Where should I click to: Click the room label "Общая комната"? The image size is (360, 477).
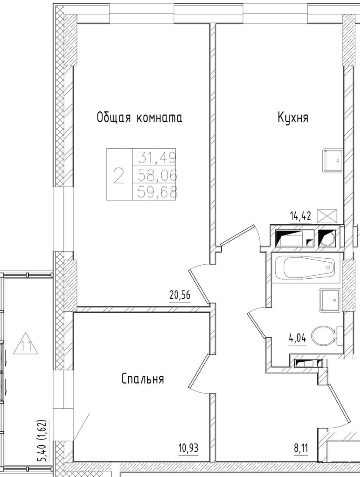[x=139, y=117]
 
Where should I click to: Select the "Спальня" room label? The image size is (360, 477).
[x=143, y=379]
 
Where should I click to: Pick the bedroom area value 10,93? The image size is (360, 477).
[x=188, y=447]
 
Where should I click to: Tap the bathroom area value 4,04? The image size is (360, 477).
[x=297, y=338]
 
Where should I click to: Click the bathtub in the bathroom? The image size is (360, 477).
[x=304, y=268]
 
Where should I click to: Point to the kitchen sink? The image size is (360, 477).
[x=332, y=160]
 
